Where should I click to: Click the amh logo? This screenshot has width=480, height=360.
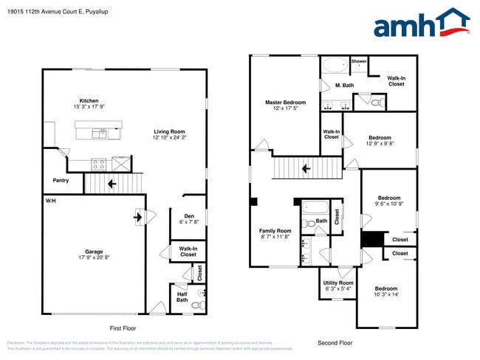tap(421, 24)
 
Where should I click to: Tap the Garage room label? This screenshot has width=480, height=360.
tap(93, 251)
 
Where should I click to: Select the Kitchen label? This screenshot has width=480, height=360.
tap(89, 101)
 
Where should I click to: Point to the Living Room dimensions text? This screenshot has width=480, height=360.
tap(169, 137)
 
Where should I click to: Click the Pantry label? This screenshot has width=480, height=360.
tap(61, 180)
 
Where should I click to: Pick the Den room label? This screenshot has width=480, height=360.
tap(188, 215)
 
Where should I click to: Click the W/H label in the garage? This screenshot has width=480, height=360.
tap(50, 201)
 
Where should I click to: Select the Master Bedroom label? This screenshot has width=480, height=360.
tap(285, 102)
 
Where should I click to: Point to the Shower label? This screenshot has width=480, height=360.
tap(359, 61)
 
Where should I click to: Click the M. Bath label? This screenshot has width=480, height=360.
tap(344, 86)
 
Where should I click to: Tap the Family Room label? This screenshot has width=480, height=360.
tap(275, 231)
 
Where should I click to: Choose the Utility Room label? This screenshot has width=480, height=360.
tap(339, 283)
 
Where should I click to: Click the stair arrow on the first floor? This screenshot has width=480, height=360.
tap(112, 184)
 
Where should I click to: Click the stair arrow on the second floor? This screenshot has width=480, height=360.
tap(304, 169)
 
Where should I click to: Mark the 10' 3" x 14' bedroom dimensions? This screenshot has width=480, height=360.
tap(385, 294)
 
